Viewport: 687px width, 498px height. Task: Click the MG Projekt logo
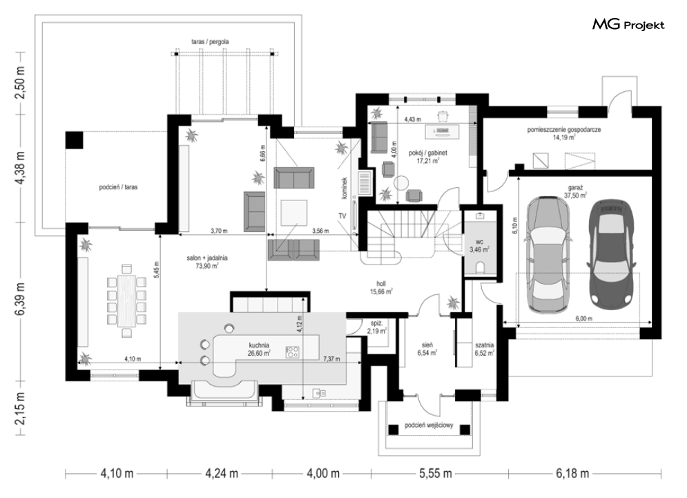[628, 25]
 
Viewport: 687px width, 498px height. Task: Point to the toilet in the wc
[480, 267]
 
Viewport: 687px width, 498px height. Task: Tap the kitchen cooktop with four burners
[293, 351]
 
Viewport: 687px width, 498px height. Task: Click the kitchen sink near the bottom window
[318, 393]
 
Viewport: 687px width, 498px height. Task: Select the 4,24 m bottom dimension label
[222, 473]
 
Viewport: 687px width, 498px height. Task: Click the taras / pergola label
[210, 41]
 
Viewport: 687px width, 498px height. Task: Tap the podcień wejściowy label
[429, 425]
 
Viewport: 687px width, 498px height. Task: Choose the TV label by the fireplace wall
[342, 217]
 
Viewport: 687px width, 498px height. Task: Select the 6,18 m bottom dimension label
[572, 473]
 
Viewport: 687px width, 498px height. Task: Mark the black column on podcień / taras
[74, 140]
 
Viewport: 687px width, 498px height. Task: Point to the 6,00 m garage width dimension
[583, 318]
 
